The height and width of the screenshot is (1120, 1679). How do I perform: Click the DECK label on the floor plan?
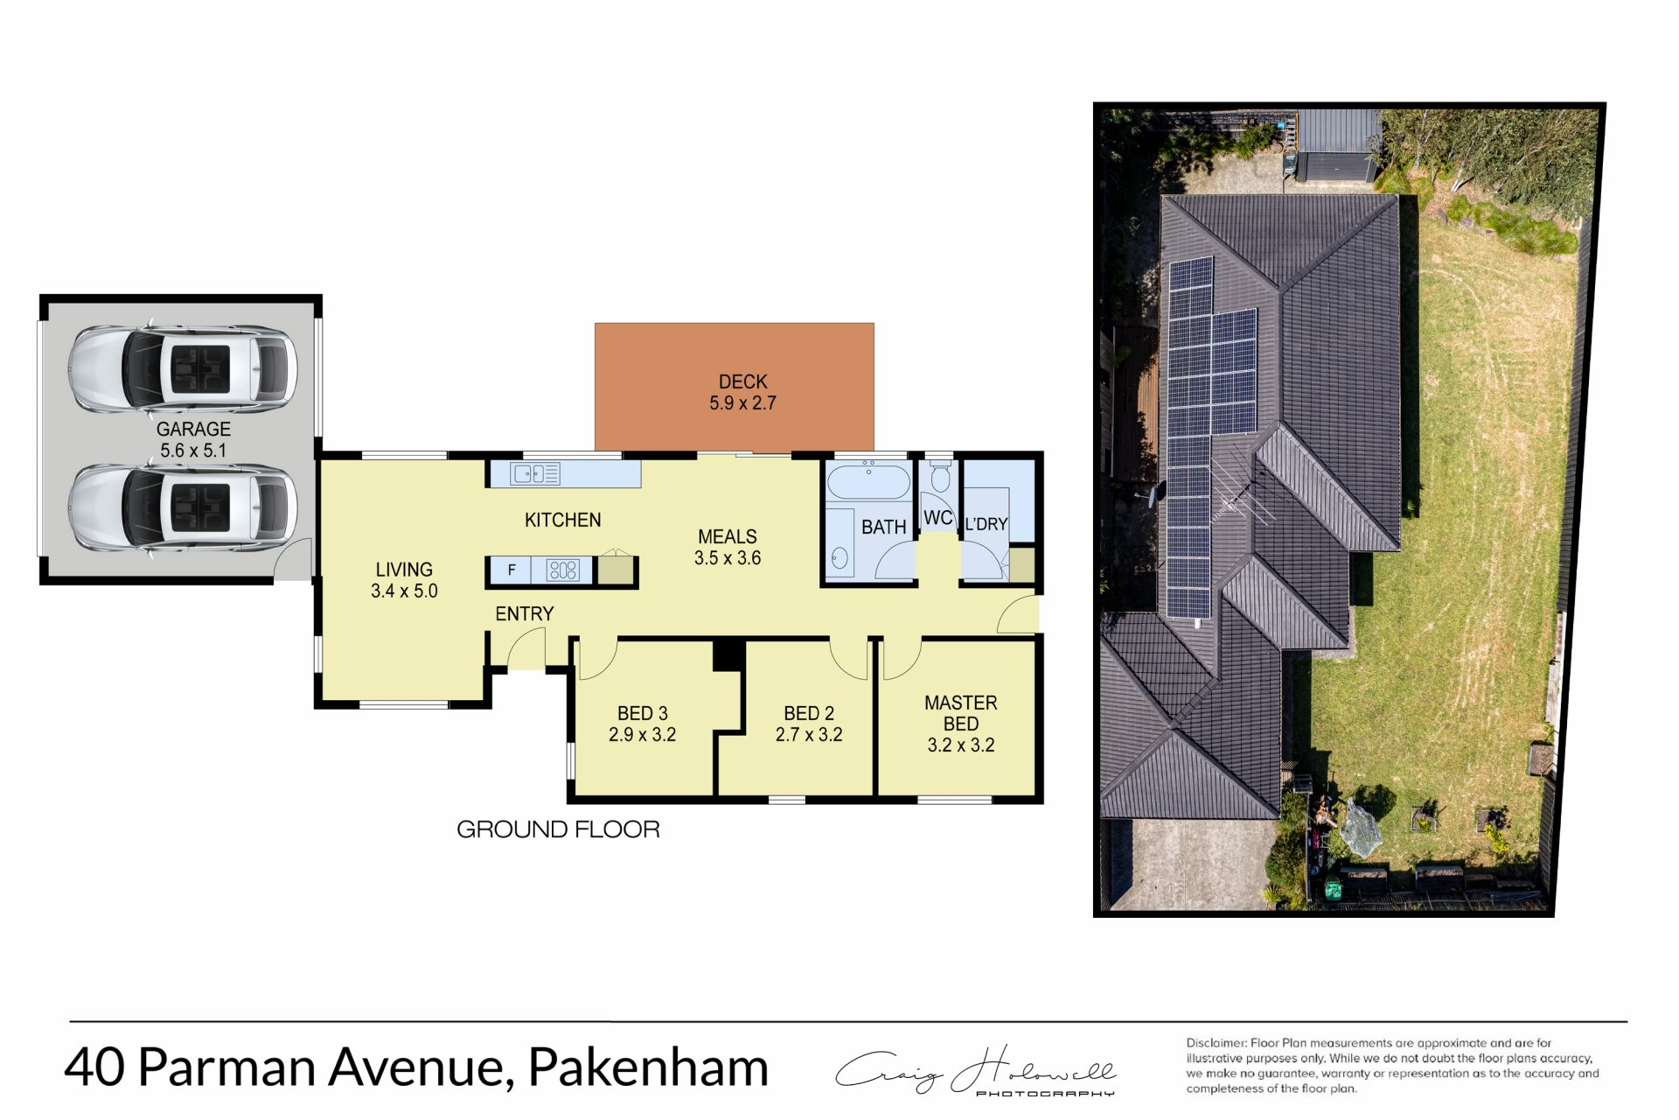point(742,381)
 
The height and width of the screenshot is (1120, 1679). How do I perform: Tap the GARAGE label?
point(193,429)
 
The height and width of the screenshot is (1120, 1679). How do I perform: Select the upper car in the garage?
point(183,368)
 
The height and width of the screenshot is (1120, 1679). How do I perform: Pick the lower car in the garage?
point(183,508)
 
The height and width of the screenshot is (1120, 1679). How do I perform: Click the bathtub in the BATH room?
point(868,482)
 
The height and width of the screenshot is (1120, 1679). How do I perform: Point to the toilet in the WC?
point(940,478)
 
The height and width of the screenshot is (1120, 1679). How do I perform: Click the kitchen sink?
point(534,474)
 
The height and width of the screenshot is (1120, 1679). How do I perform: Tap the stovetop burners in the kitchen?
point(562,570)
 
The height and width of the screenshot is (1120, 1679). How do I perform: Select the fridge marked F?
point(512,570)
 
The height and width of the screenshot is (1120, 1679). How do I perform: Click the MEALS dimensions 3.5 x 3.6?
point(728,558)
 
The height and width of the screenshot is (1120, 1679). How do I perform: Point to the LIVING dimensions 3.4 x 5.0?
point(404,591)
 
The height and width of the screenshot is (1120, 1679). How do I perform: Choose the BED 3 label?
point(642,713)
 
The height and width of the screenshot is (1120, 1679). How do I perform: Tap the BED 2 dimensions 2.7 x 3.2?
point(809,735)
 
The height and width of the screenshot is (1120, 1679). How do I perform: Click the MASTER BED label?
point(960,713)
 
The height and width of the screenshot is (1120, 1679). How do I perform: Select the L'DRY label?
point(986,524)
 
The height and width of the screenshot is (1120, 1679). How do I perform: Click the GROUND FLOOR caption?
point(558,829)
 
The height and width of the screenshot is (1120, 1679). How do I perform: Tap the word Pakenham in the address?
point(648,1067)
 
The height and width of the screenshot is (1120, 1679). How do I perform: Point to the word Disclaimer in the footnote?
point(1216,1043)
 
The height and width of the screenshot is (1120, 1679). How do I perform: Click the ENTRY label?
point(524,614)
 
